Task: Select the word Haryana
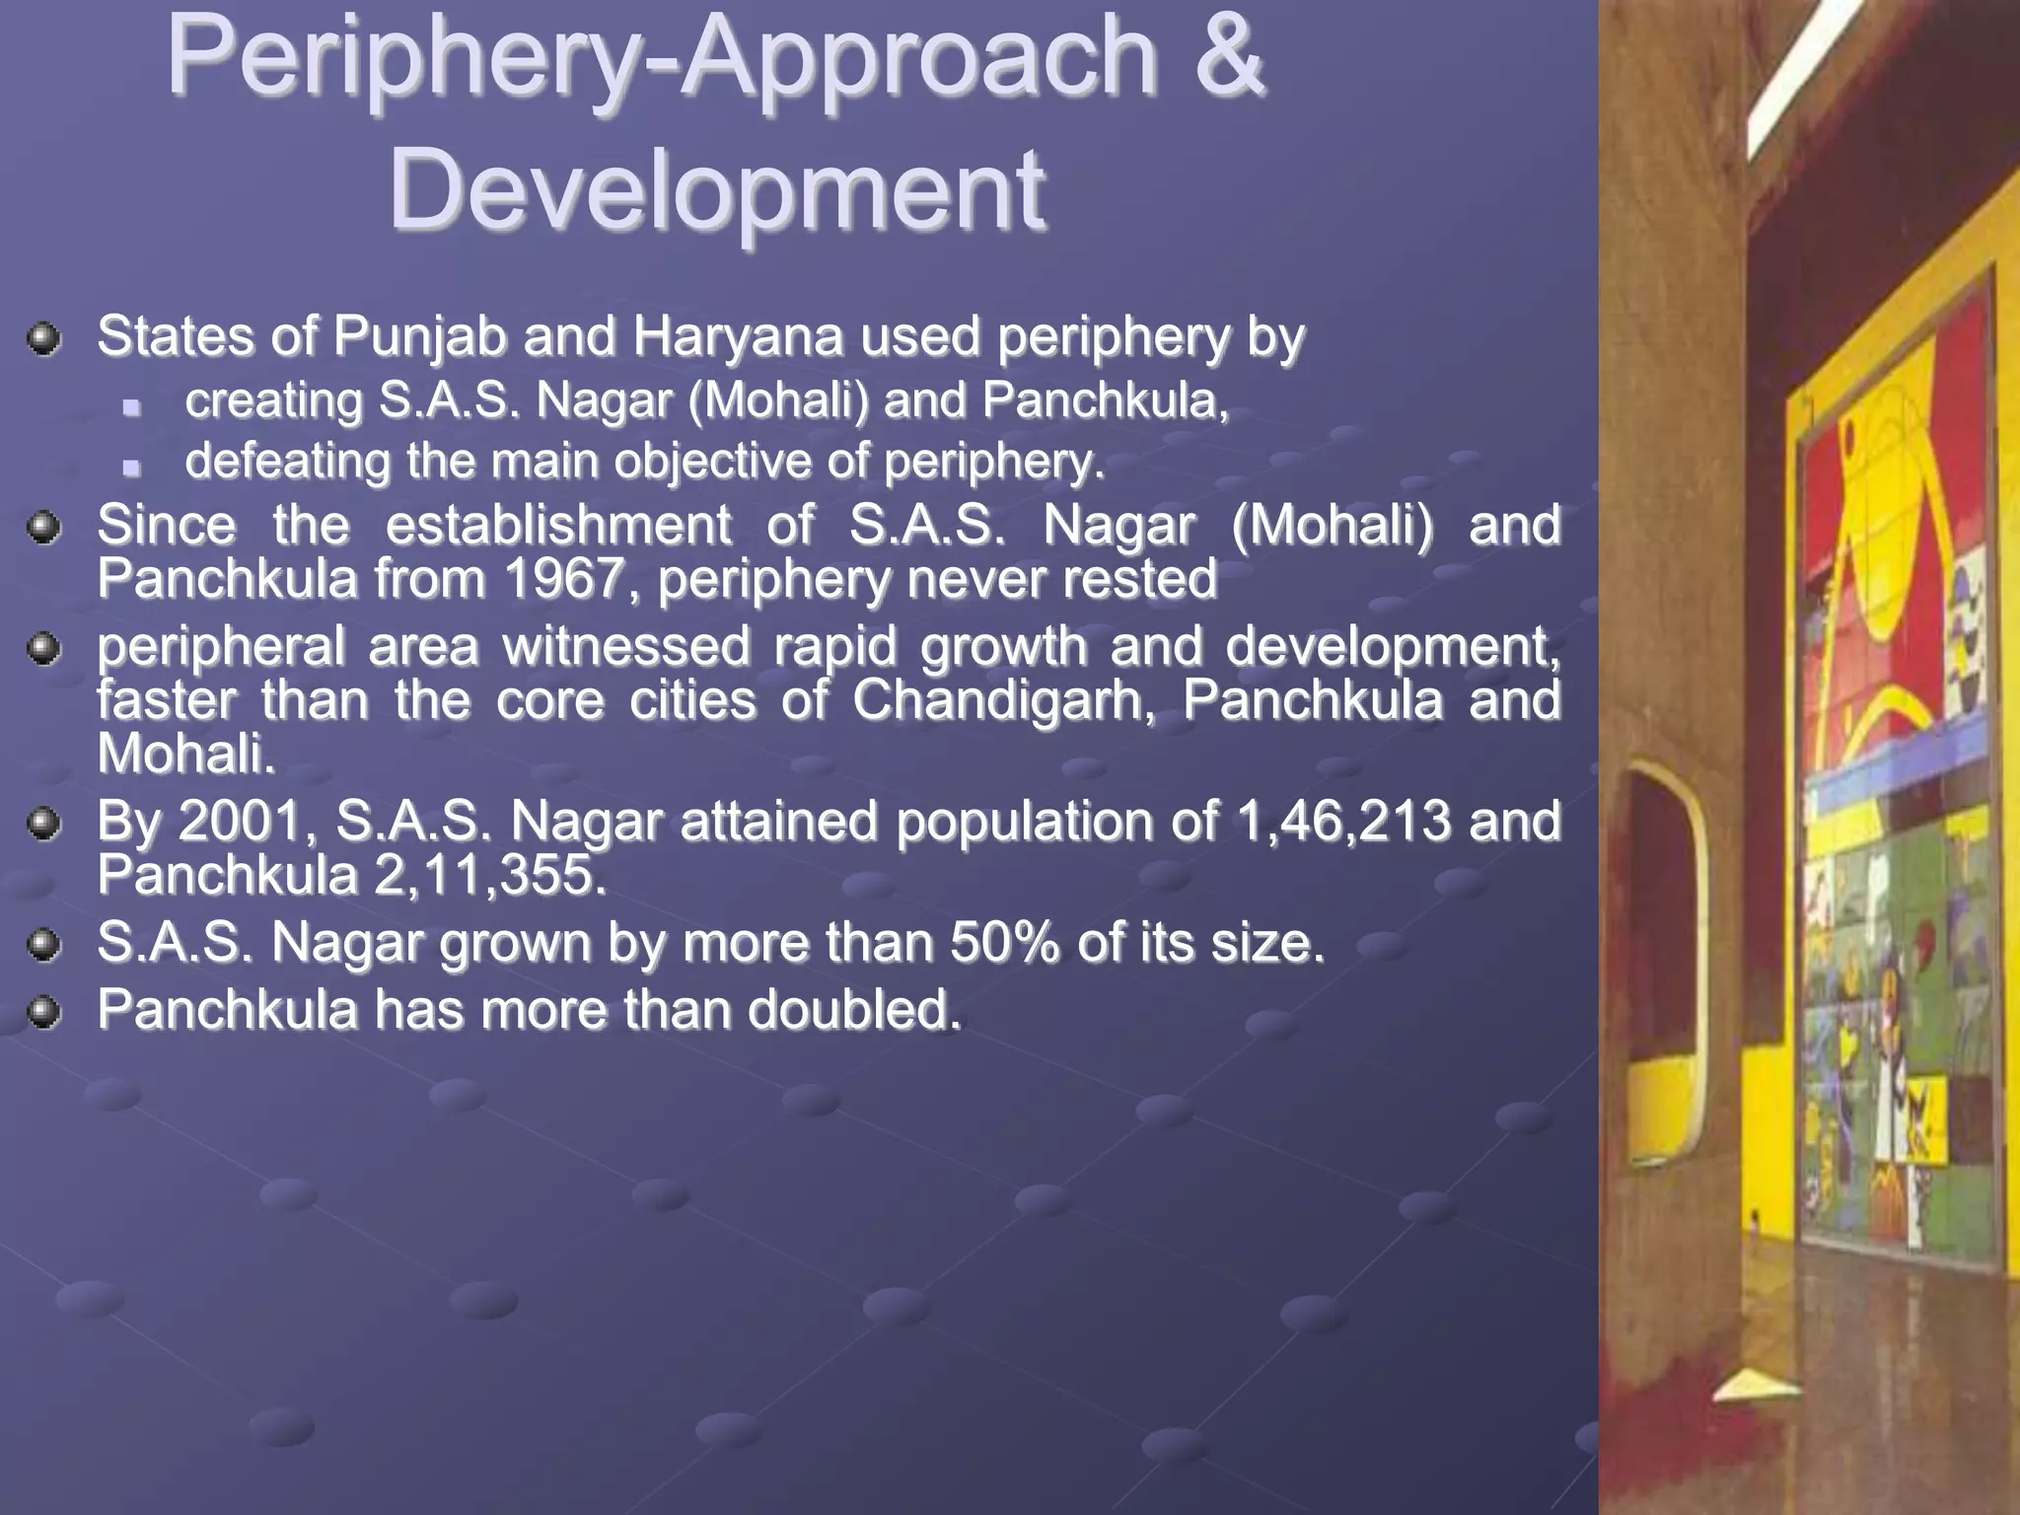click(x=737, y=337)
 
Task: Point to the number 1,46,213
click(x=1342, y=821)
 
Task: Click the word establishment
click(x=558, y=524)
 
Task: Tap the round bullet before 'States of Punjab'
click(x=44, y=340)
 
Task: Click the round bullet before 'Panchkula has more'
click(x=44, y=1013)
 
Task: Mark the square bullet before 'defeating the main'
click(x=132, y=467)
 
